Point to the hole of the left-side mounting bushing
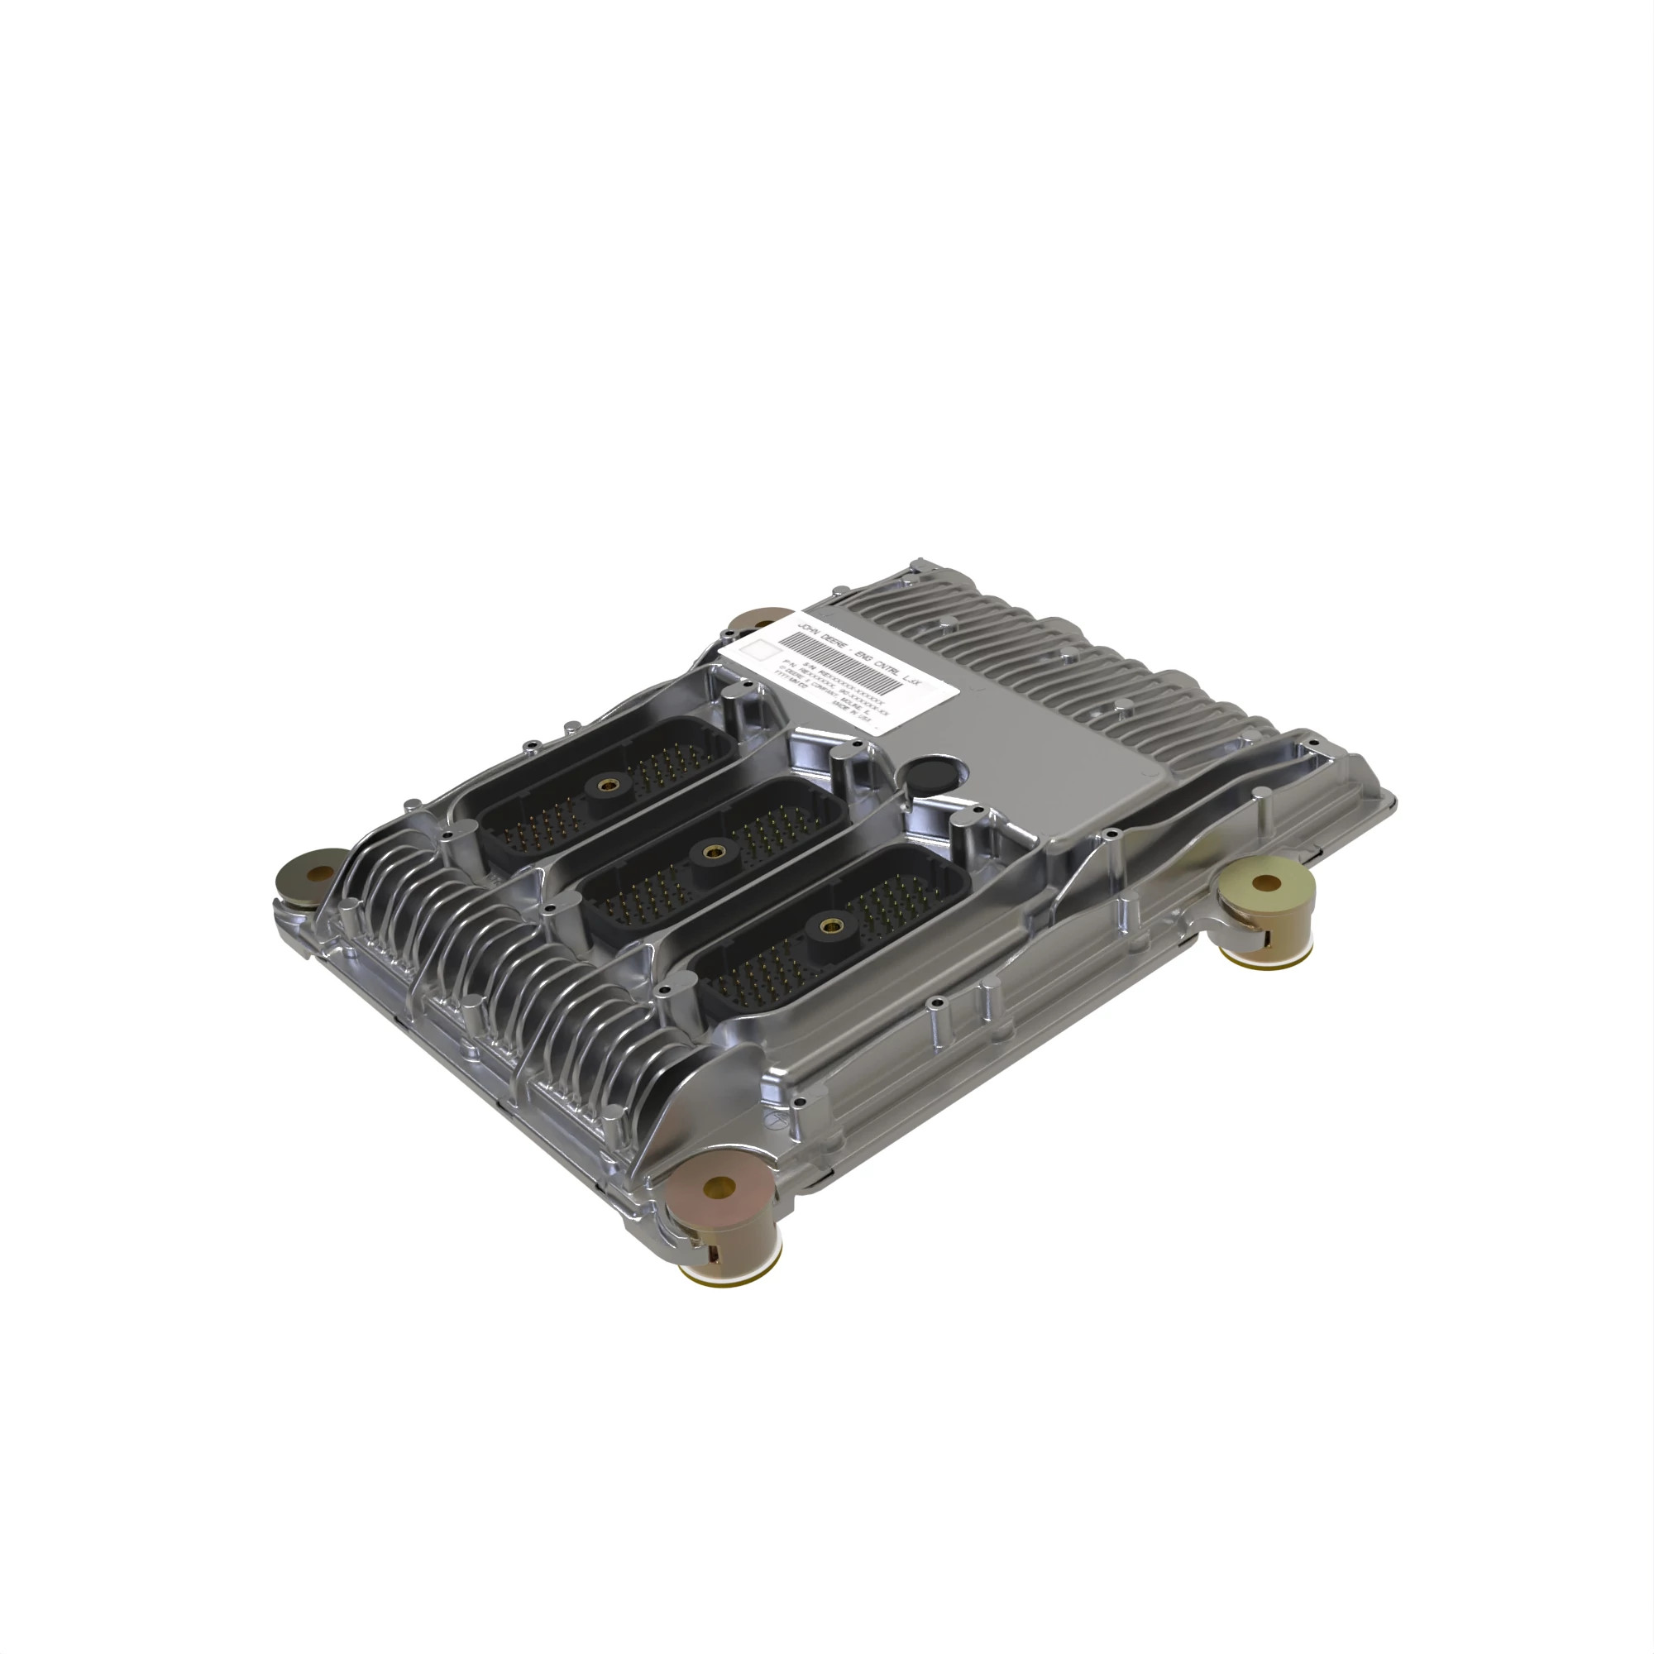tap(320, 873)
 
